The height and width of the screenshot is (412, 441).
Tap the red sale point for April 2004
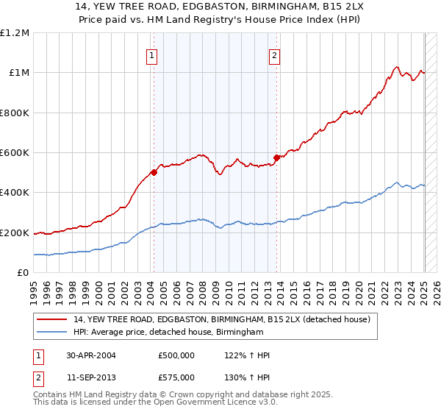click(x=154, y=173)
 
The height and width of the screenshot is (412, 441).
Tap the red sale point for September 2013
click(x=276, y=157)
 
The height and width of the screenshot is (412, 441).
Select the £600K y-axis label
click(x=15, y=153)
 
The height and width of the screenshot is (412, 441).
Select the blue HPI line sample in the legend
click(x=52, y=333)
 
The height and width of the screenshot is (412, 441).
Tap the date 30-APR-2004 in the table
click(x=90, y=355)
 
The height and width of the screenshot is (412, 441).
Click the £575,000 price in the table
click(x=176, y=377)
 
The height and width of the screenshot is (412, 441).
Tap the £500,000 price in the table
click(x=176, y=355)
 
